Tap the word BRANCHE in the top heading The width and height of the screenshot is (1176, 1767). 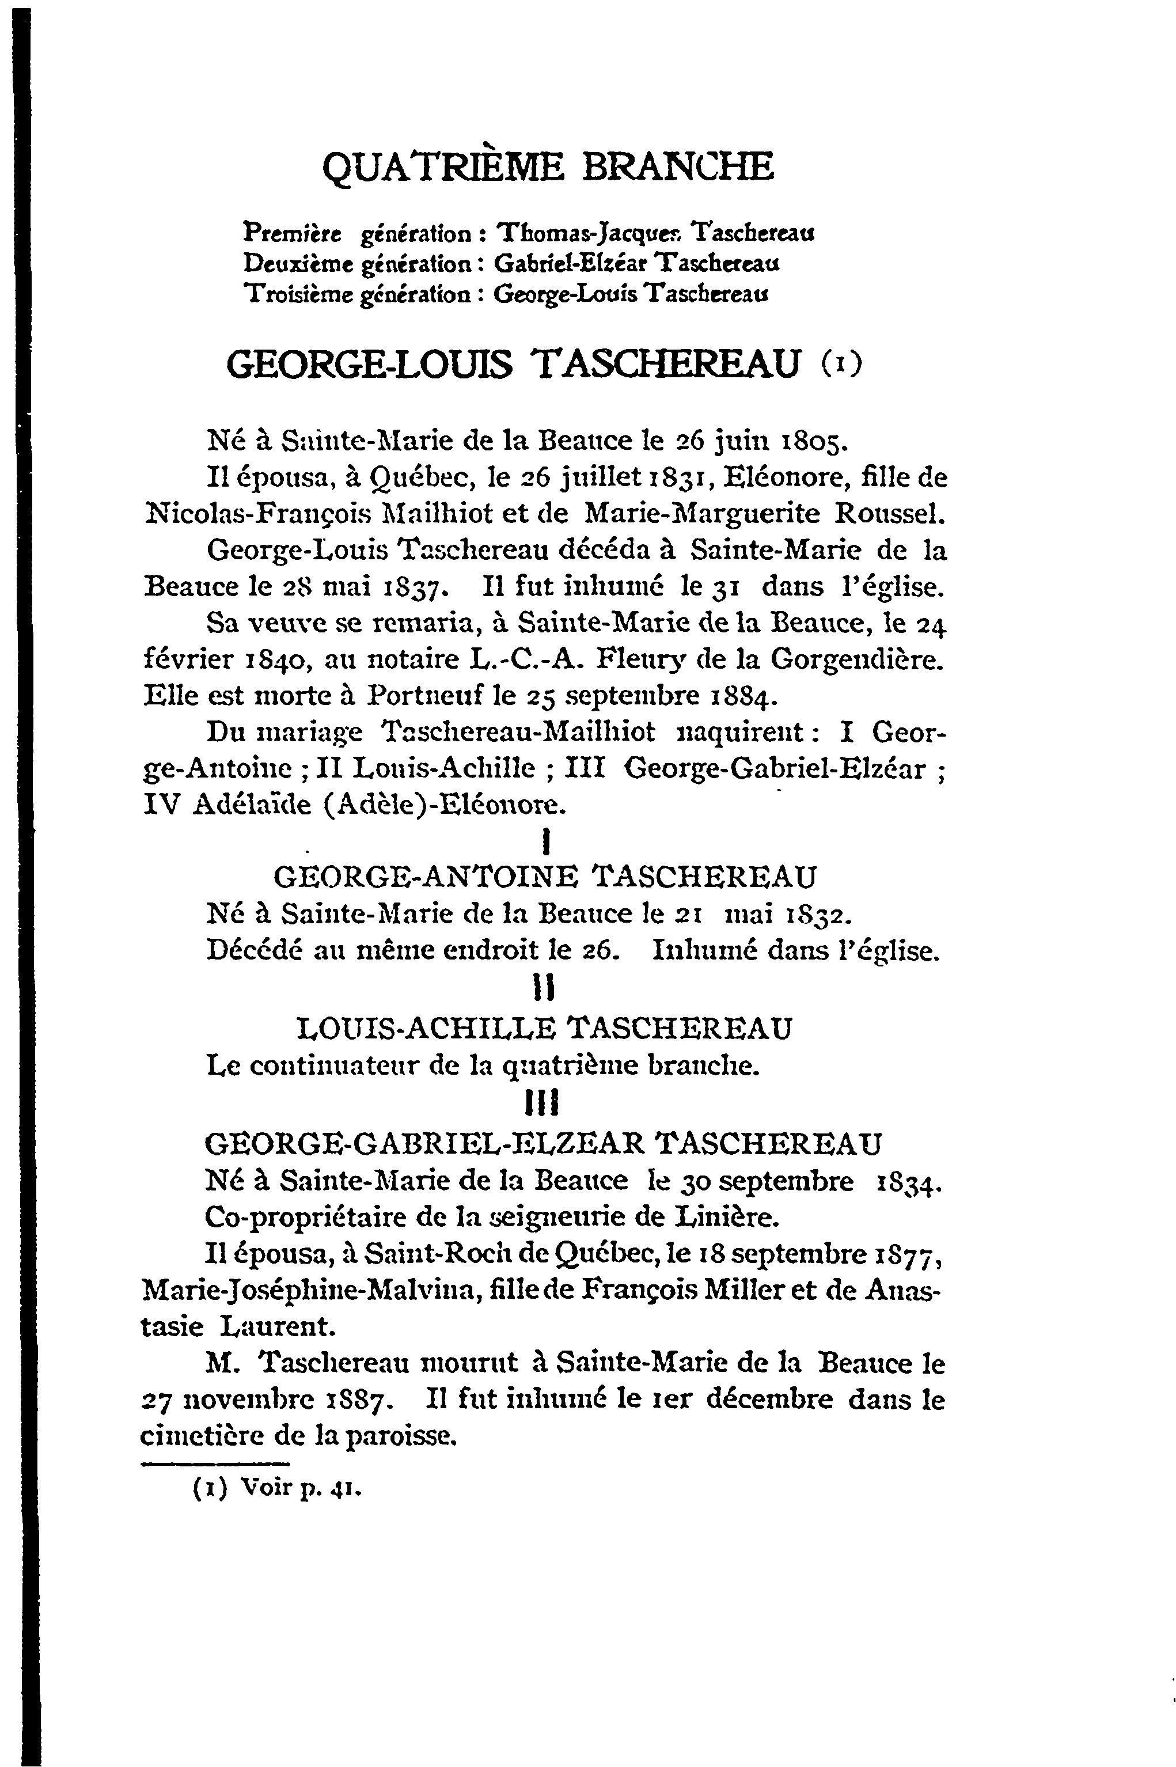pos(677,166)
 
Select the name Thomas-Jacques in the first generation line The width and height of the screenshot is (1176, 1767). pos(590,233)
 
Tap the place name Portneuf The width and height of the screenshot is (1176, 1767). pos(422,697)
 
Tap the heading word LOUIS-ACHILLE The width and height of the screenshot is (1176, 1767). pos(426,1028)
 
